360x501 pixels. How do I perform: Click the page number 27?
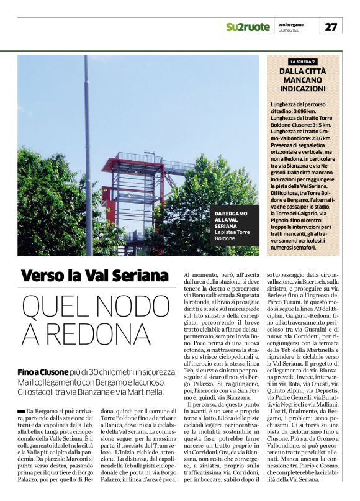click(331, 27)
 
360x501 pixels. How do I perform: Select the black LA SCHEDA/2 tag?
click(303, 61)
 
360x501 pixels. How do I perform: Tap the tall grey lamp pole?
click(88, 155)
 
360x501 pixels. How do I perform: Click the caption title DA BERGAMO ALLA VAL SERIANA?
click(231, 220)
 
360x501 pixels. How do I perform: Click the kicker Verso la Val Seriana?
click(94, 275)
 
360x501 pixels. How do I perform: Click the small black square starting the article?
click(22, 412)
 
